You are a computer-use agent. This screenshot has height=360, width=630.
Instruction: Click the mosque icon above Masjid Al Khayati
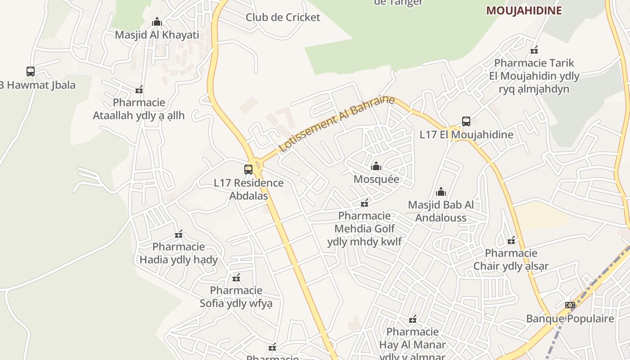tap(157, 22)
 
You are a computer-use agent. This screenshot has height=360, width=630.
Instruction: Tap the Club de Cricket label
tap(283, 18)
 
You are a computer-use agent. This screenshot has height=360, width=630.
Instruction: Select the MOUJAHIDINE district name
tap(524, 11)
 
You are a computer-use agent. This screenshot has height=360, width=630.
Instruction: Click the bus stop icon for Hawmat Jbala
tap(31, 72)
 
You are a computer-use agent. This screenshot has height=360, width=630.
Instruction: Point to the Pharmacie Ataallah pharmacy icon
tap(139, 90)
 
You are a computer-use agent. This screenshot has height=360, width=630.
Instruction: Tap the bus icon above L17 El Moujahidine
tap(466, 121)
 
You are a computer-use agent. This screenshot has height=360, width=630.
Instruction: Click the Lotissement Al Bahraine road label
tap(337, 123)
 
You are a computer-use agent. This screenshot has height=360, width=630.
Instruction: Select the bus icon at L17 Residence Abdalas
tap(248, 170)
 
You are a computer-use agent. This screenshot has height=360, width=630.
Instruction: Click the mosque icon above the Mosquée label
tap(376, 166)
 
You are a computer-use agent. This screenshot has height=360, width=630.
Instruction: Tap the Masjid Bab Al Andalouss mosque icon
tap(441, 192)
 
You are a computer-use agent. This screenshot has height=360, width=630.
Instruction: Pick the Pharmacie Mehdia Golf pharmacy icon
tap(364, 203)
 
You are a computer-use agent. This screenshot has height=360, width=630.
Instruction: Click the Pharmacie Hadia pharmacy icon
tap(179, 234)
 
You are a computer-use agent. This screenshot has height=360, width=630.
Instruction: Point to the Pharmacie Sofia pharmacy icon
tap(236, 278)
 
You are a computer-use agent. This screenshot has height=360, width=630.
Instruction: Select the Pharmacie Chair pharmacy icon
tap(511, 240)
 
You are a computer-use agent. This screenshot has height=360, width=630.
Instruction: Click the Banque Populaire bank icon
tap(570, 305)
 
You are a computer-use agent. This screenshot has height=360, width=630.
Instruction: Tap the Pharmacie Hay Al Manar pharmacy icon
tap(413, 319)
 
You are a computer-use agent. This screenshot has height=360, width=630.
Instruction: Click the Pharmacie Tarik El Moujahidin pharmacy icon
tap(534, 50)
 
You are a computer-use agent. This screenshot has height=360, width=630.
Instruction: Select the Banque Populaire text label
tap(570, 319)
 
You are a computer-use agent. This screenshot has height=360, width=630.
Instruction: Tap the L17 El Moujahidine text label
tap(466, 135)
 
